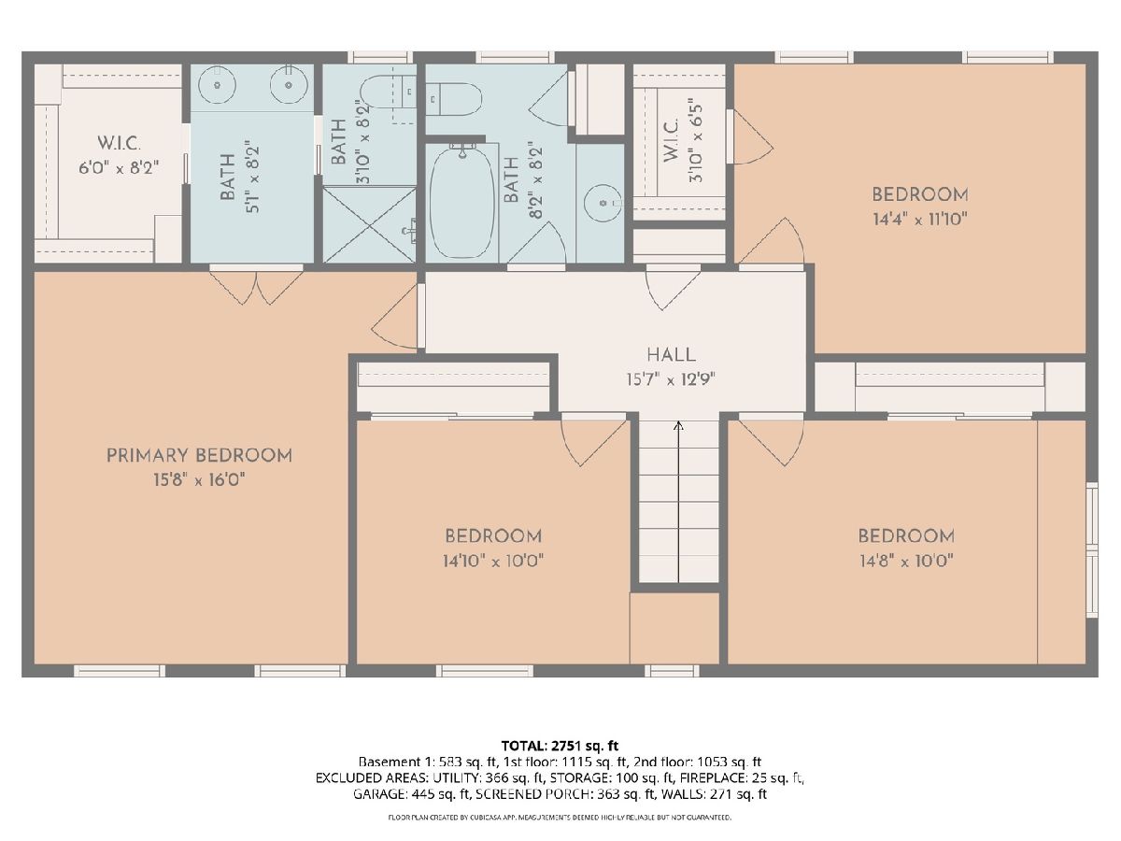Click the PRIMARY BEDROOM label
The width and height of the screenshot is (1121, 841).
[x=199, y=455]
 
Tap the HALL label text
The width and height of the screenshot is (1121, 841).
[x=671, y=355]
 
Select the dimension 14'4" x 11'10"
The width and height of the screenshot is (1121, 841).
[x=920, y=220]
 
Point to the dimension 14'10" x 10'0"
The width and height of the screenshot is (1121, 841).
[x=493, y=562]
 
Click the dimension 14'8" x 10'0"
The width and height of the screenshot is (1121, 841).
[x=906, y=562]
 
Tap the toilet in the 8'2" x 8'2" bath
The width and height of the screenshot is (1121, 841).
[x=453, y=98]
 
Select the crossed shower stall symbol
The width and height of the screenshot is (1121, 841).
[x=369, y=224]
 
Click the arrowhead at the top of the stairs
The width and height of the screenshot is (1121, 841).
[x=678, y=424]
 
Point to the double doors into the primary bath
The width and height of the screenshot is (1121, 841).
[x=256, y=285]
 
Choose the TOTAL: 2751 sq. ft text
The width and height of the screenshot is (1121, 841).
[x=560, y=746]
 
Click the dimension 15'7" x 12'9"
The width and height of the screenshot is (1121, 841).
[x=671, y=379]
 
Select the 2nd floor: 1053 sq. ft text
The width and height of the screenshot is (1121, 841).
[x=697, y=763]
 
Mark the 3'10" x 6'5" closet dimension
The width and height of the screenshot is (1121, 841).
[x=696, y=140]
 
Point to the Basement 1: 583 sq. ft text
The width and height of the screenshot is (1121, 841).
[x=428, y=763]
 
